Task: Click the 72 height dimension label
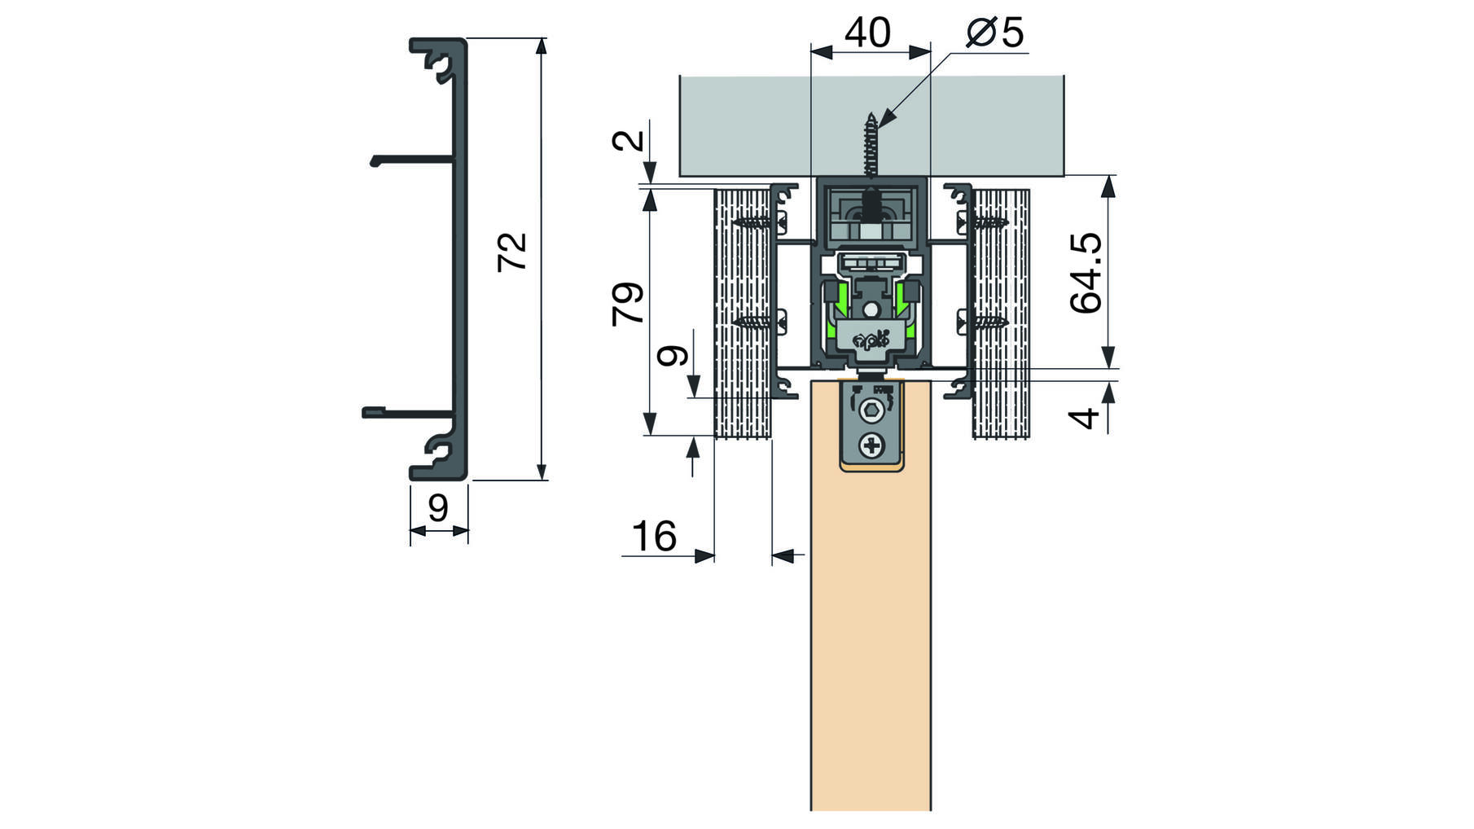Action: click(x=513, y=252)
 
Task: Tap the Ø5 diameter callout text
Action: click(x=994, y=33)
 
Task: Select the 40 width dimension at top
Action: click(x=867, y=33)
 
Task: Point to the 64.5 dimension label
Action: click(x=1086, y=273)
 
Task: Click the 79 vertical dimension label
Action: click(x=628, y=304)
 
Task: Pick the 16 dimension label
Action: click(x=654, y=537)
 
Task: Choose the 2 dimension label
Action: click(x=628, y=140)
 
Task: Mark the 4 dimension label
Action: click(x=1084, y=419)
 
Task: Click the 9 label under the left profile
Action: click(x=438, y=508)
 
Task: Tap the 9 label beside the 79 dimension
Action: click(x=673, y=356)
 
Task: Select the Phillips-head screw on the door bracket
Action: click(x=872, y=445)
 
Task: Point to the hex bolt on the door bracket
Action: click(x=872, y=411)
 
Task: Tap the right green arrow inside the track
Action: click(x=902, y=300)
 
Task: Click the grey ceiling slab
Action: click(x=871, y=126)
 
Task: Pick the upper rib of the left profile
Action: click(x=412, y=160)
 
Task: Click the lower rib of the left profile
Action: click(x=408, y=413)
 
